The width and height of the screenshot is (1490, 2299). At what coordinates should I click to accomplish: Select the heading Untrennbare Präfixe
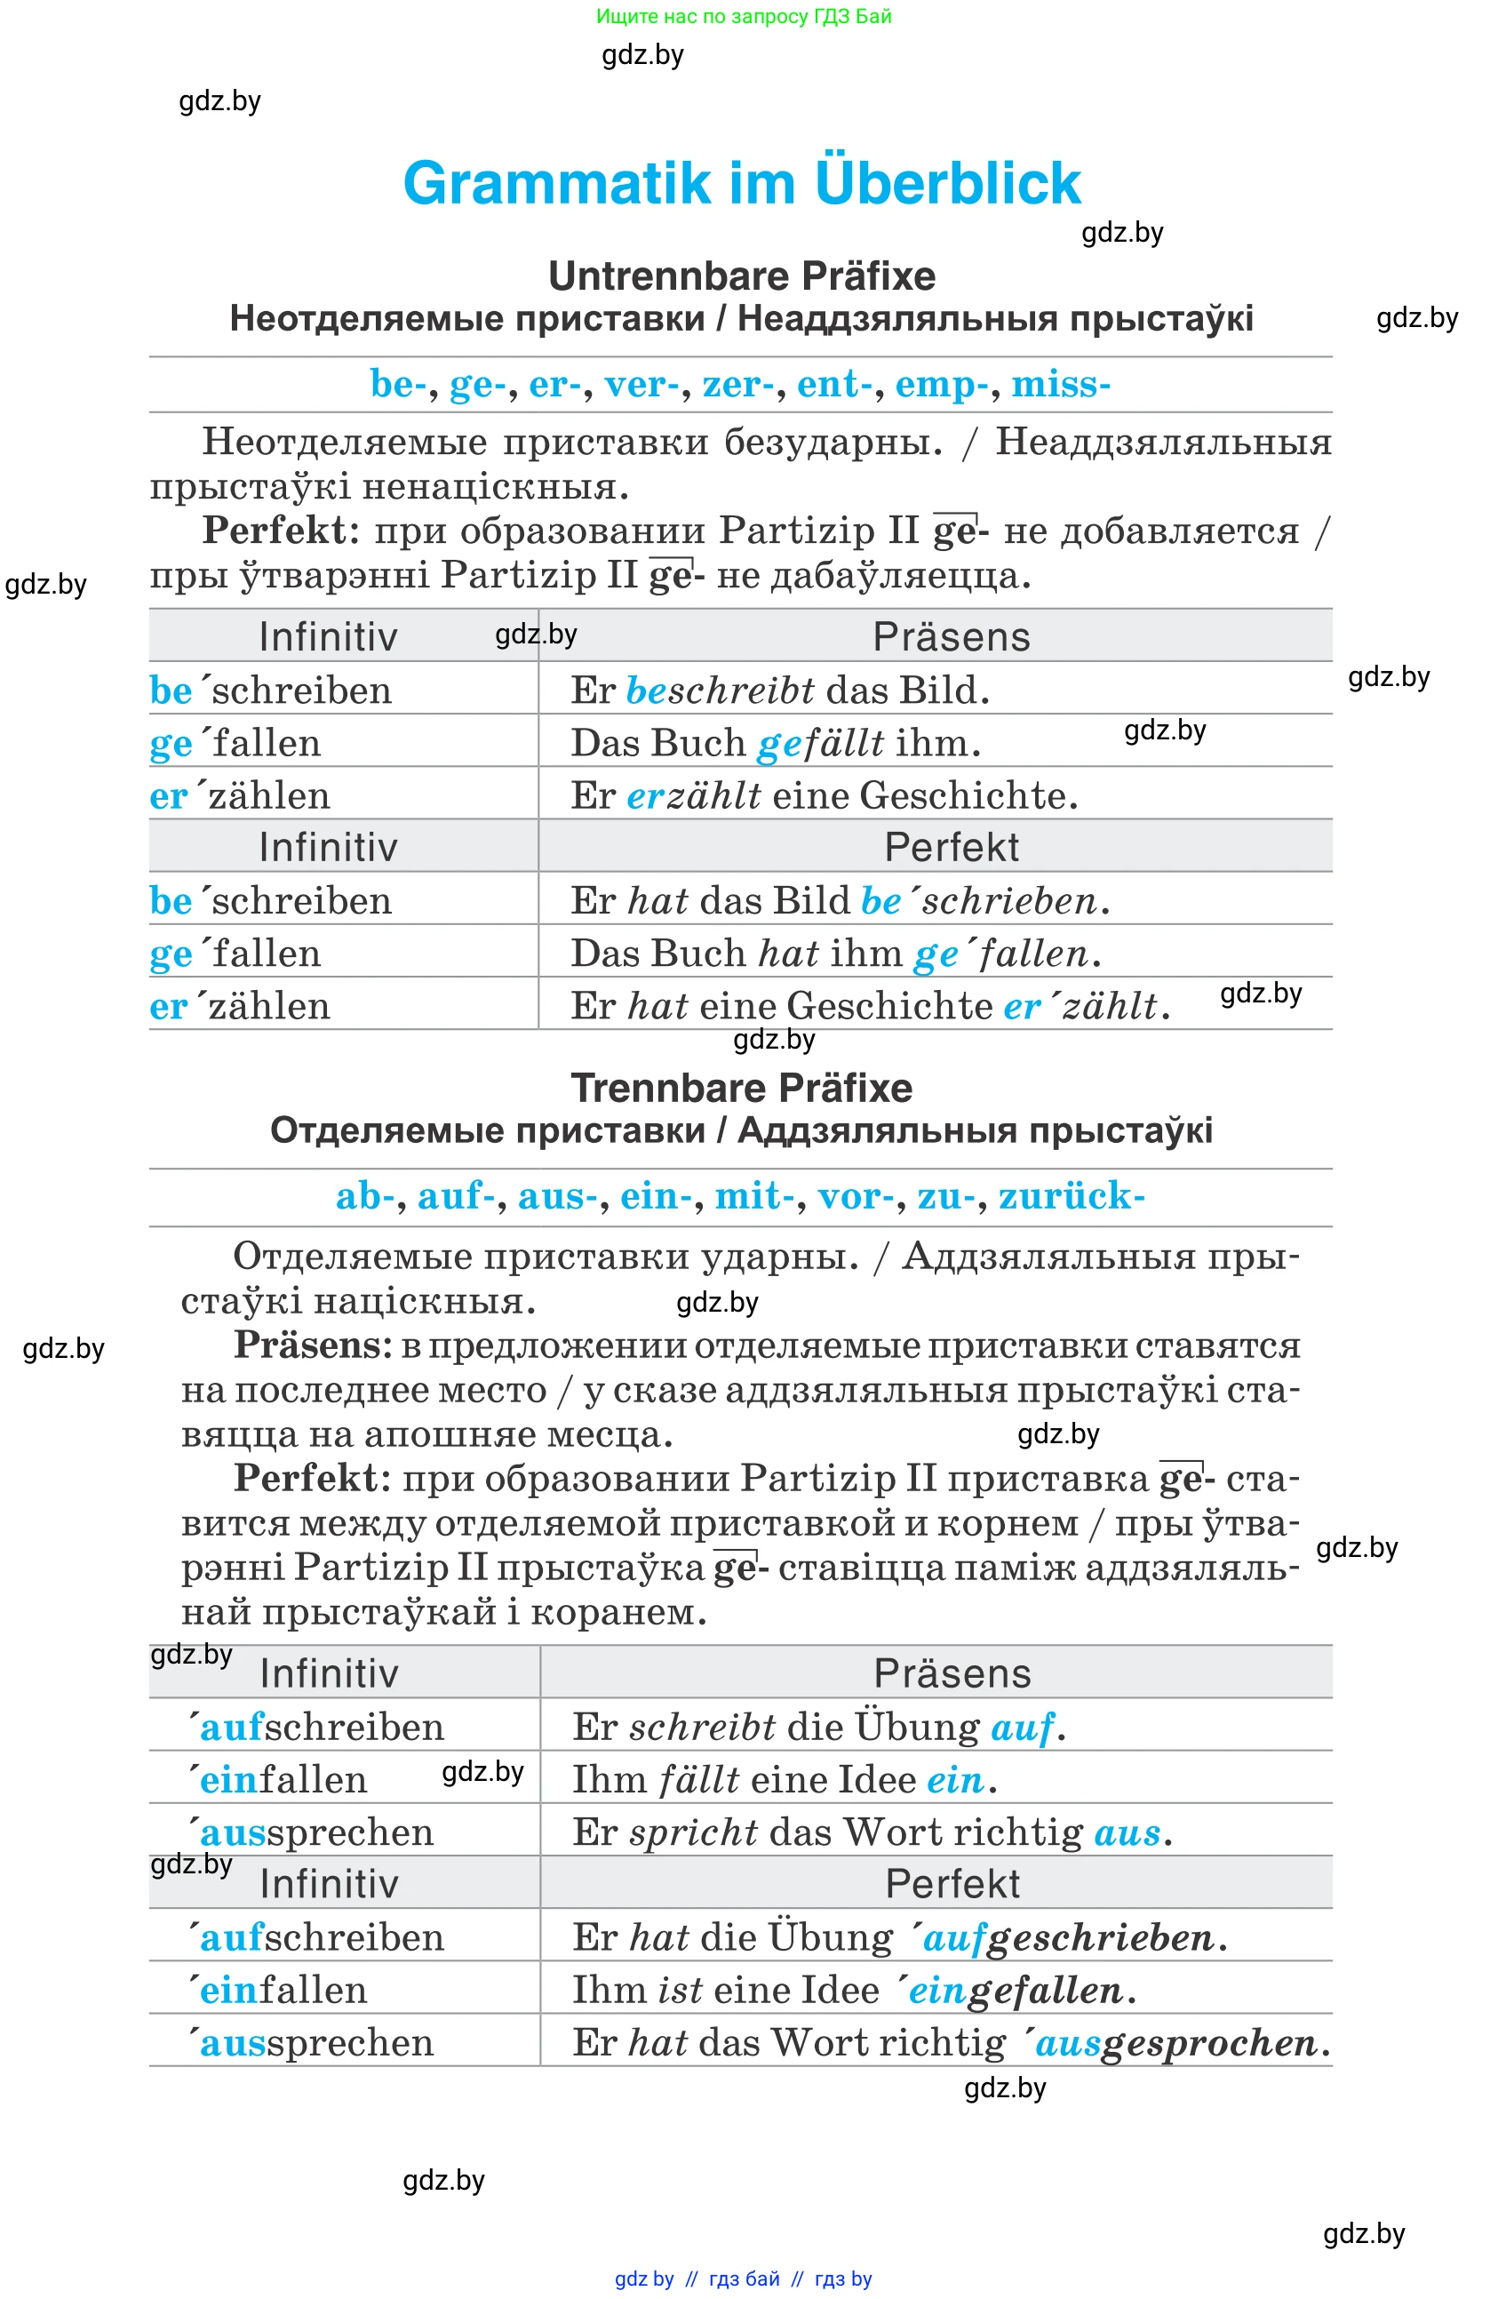pyautogui.click(x=742, y=276)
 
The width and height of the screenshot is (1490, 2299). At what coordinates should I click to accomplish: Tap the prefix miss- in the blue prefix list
pyautogui.click(x=1060, y=385)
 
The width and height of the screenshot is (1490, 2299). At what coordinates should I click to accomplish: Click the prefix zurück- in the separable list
pyautogui.click(x=1071, y=1196)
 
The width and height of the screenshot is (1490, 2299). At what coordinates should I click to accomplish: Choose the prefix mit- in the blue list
pyautogui.click(x=754, y=1196)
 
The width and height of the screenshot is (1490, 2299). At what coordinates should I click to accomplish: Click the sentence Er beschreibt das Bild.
pyautogui.click(x=779, y=690)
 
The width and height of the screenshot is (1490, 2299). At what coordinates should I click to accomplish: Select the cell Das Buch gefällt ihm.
pyautogui.click(x=776, y=743)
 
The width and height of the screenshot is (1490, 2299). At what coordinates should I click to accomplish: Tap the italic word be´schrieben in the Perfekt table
pyautogui.click(x=979, y=900)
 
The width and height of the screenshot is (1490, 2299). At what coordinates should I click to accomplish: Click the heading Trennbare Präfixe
pyautogui.click(x=742, y=1088)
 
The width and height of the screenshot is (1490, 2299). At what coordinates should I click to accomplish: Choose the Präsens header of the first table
pyautogui.click(x=952, y=636)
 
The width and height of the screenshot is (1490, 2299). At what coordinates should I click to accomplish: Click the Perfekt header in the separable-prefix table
pyautogui.click(x=952, y=1884)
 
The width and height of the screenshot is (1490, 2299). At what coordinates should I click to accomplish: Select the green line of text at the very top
pyautogui.click(x=744, y=16)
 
